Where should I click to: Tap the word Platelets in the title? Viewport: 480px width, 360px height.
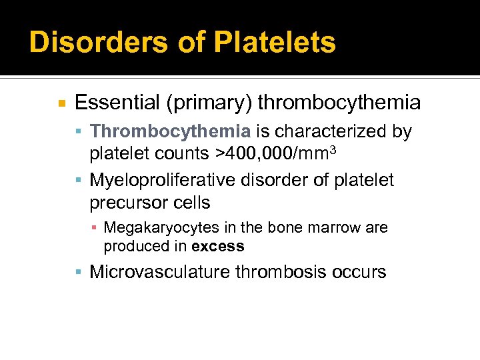coord(275,42)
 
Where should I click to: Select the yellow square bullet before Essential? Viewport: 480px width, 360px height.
coord(61,103)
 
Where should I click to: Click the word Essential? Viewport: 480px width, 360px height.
coord(117,103)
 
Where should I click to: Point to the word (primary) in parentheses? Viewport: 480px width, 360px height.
coord(209,103)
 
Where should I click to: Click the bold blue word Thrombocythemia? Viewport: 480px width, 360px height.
coord(170,132)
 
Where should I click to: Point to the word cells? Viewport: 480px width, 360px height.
coord(190,203)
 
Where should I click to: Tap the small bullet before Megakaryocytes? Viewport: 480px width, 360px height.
coord(96,228)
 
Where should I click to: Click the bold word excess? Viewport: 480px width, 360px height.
coord(217,246)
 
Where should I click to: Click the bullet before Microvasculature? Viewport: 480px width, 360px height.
coord(80,272)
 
